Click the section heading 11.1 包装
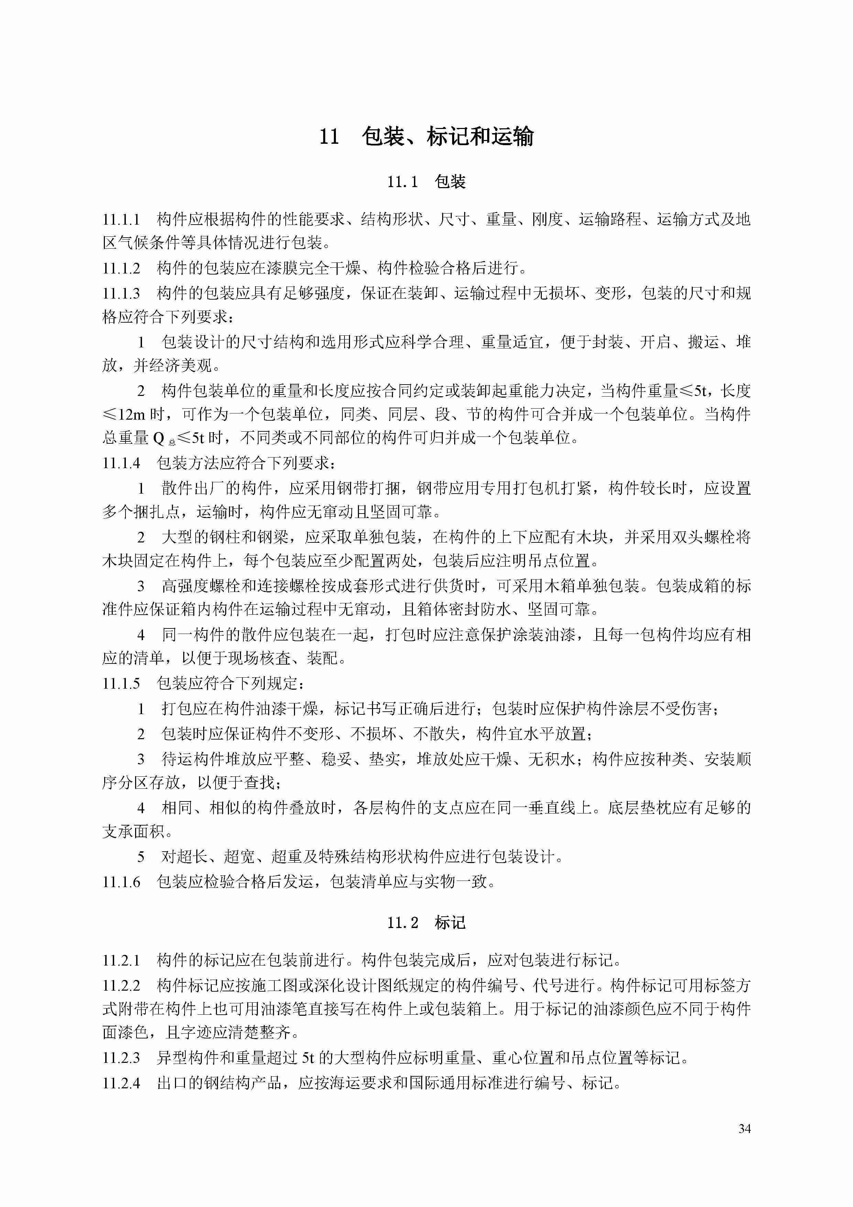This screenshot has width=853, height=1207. [x=426, y=182]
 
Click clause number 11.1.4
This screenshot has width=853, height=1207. [x=121, y=463]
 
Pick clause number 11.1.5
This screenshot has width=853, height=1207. [x=121, y=684]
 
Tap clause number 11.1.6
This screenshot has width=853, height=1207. [x=121, y=882]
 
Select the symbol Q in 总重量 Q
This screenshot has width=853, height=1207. [x=159, y=439]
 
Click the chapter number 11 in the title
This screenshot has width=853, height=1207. [x=329, y=137]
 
